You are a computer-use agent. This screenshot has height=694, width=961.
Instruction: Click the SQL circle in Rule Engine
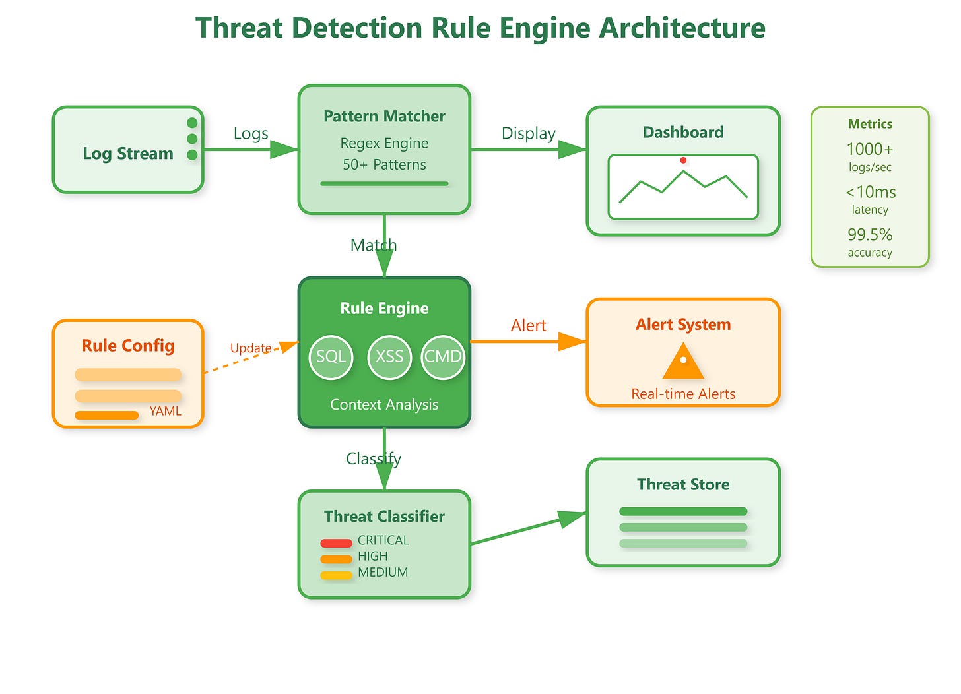(331, 358)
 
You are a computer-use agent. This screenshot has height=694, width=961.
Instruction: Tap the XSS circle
(389, 358)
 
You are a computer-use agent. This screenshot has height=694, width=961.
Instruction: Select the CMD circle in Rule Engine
(443, 358)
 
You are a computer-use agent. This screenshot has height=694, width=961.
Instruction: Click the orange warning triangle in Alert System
(683, 361)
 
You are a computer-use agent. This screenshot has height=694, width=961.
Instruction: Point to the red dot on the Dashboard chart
(683, 160)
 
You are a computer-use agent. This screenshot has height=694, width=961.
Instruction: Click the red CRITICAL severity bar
(336, 543)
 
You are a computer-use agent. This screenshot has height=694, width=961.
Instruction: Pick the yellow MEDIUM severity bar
(336, 575)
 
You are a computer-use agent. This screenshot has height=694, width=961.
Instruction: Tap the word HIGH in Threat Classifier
(373, 556)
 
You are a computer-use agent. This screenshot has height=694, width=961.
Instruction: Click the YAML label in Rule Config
(165, 411)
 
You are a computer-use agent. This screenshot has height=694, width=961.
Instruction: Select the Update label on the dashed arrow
(251, 348)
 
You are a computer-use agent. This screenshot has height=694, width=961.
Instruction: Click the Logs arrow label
(251, 134)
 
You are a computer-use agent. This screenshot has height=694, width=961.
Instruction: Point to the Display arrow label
(529, 134)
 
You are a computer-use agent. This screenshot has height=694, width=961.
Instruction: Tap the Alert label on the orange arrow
(528, 325)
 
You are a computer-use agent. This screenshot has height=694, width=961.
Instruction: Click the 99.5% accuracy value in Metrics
(870, 235)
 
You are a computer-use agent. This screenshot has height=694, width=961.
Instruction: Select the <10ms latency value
(871, 192)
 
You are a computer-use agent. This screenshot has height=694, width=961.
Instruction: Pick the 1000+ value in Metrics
(870, 149)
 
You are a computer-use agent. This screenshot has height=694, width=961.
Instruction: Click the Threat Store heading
(683, 484)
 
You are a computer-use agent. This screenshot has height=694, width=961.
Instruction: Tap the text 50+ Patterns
(384, 165)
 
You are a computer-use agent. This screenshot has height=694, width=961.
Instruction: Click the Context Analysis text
(384, 404)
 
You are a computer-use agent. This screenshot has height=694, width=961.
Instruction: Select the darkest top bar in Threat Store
(683, 511)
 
